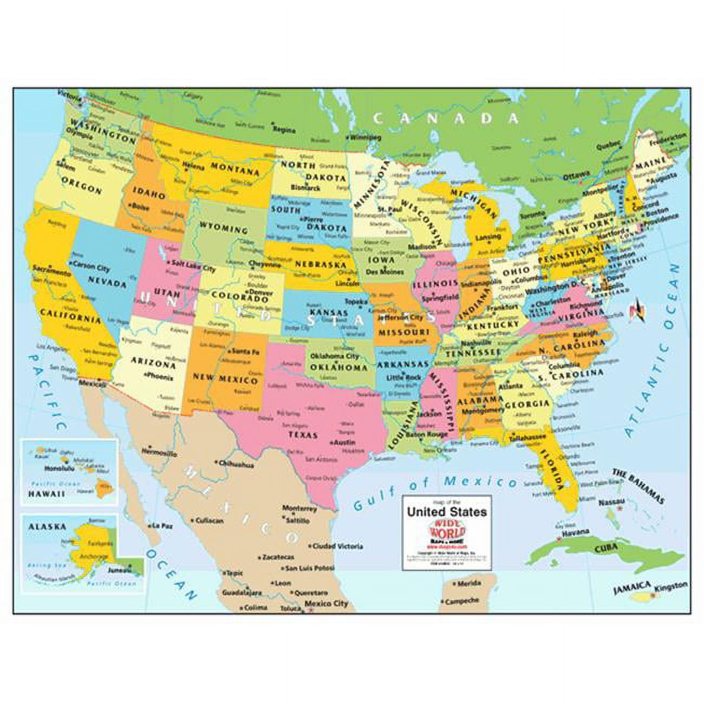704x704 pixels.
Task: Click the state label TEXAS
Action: click(x=303, y=435)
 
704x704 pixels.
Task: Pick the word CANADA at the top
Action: click(x=446, y=119)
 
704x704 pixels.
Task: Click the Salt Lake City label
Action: click(x=194, y=265)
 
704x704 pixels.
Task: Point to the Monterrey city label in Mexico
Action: click(x=299, y=509)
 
